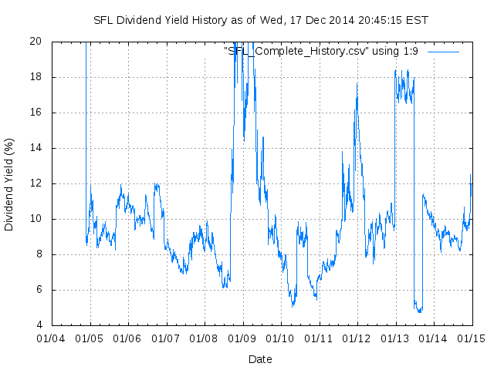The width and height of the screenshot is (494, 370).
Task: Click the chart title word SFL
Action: pyautogui.click(x=103, y=19)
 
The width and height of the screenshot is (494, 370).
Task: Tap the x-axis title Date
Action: pyautogui.click(x=260, y=359)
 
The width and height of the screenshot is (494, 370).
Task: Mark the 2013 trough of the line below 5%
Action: pyautogui.click(x=419, y=311)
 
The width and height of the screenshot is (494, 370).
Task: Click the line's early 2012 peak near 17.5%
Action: pyautogui.click(x=357, y=83)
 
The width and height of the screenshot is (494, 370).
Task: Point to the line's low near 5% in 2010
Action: pyautogui.click(x=293, y=305)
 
